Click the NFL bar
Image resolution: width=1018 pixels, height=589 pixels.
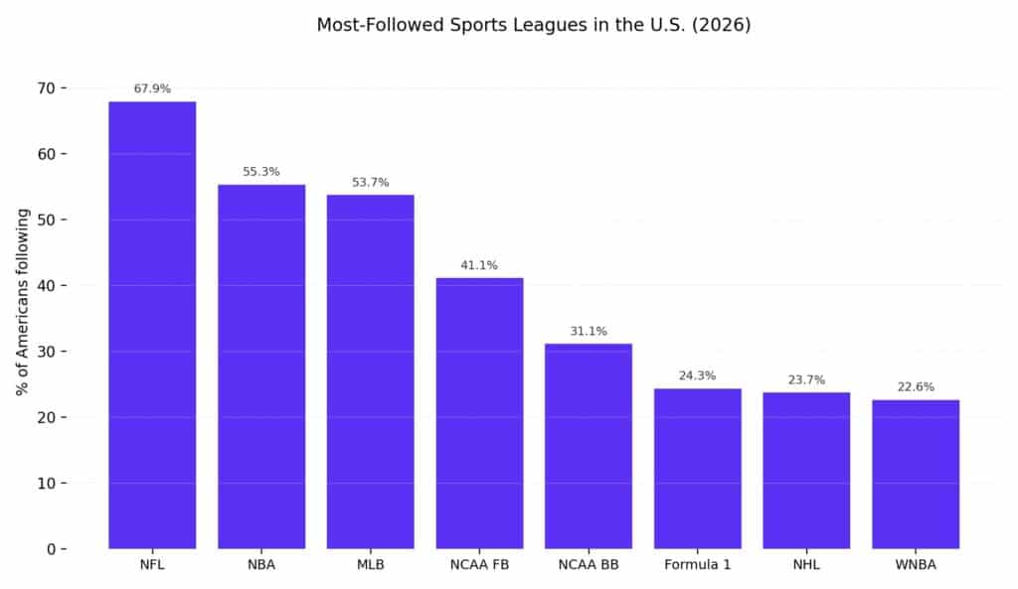point(152,325)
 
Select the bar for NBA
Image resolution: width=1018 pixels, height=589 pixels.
point(261,367)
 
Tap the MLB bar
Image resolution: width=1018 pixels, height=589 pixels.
point(370,371)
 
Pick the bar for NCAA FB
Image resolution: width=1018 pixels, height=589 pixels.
point(479,413)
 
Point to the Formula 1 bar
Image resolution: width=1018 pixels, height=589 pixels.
point(697,468)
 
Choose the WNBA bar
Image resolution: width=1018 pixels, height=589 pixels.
point(916,474)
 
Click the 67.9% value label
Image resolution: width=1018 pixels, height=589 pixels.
point(152,89)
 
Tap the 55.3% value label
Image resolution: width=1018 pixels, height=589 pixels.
point(261,172)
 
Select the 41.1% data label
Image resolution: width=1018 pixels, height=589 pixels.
point(479,265)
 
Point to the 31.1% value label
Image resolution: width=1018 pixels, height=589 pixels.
point(589,331)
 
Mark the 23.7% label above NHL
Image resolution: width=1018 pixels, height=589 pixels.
point(806,379)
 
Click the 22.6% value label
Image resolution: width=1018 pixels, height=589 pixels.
point(916,387)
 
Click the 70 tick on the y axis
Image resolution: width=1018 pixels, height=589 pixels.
point(47,88)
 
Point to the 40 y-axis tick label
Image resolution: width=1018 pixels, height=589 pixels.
point(47,286)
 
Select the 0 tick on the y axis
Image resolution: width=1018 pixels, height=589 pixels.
point(51,549)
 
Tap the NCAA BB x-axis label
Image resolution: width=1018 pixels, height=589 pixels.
point(589,566)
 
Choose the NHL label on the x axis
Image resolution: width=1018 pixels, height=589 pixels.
point(806,566)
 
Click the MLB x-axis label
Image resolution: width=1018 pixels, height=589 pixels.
point(370,566)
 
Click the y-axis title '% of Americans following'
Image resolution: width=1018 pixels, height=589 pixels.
point(22,302)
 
